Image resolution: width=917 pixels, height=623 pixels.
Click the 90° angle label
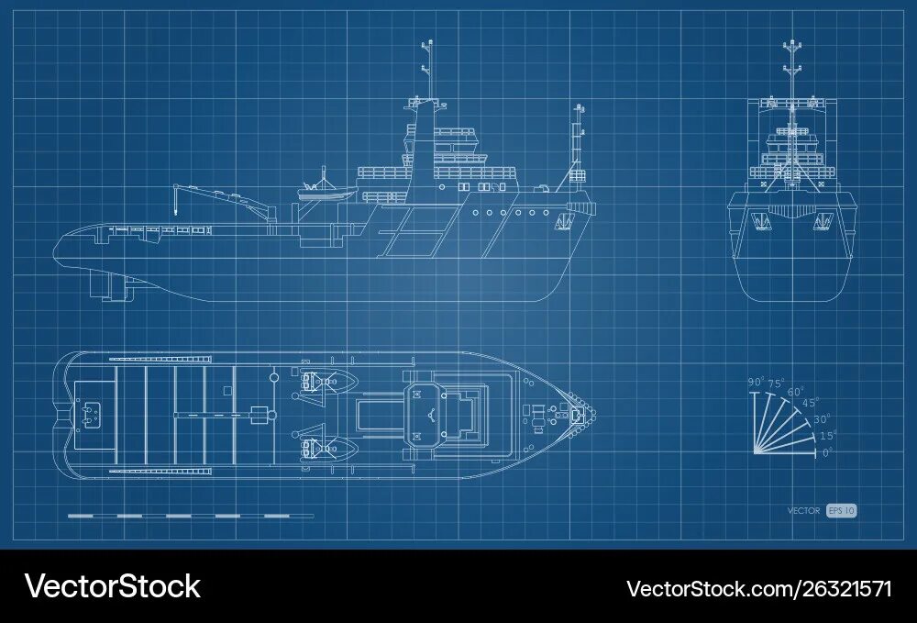click(x=756, y=382)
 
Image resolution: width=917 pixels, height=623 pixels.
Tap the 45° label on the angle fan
click(x=810, y=403)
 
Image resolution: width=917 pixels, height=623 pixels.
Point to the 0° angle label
click(x=828, y=451)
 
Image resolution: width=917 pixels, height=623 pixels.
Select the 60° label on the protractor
click(x=795, y=392)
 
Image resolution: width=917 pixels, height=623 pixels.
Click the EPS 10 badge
click(x=841, y=511)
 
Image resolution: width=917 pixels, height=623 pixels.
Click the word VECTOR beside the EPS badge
click(x=803, y=511)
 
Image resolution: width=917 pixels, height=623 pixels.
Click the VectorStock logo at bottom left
click(x=112, y=586)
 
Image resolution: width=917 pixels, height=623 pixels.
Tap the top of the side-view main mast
click(x=426, y=44)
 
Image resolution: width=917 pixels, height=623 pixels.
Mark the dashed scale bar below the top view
click(x=190, y=516)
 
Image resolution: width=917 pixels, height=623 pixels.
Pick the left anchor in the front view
click(x=760, y=220)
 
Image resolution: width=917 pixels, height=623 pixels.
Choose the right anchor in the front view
click(x=823, y=220)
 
